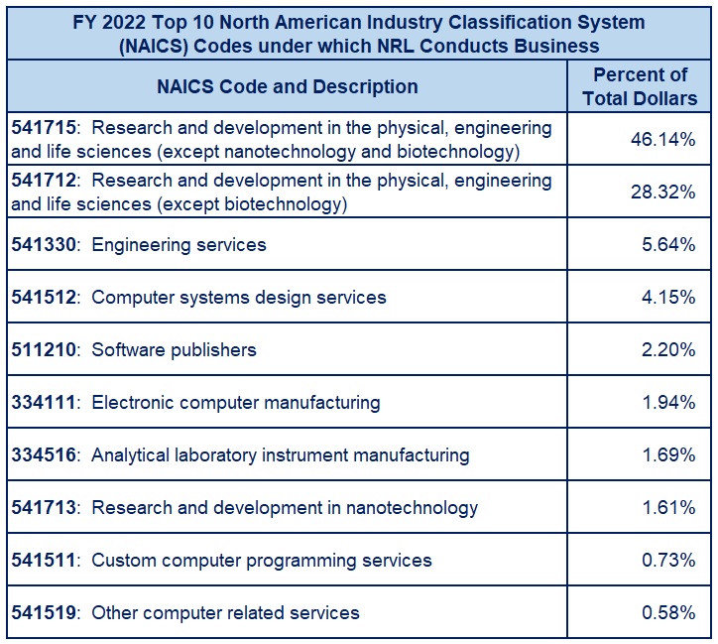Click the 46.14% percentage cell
662,140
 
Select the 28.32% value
662,193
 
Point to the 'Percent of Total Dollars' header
640,86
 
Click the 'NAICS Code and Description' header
287,86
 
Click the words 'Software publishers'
174,349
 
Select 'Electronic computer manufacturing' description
235,402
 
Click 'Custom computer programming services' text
262,561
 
